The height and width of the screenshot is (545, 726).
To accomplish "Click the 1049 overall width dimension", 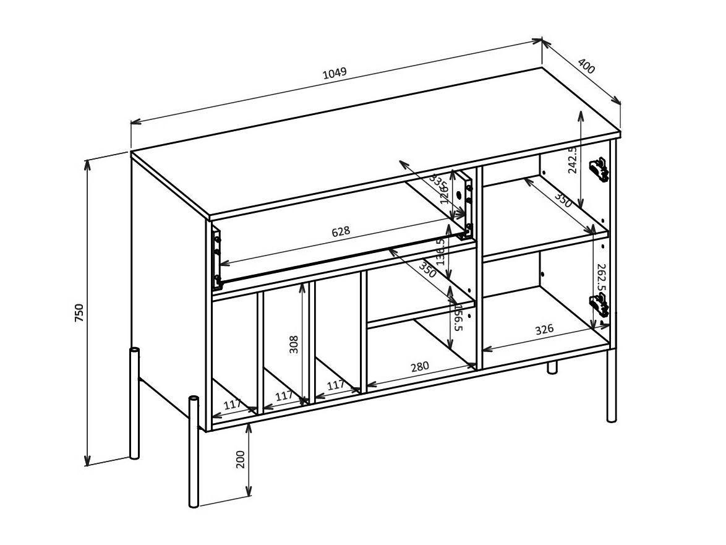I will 335,73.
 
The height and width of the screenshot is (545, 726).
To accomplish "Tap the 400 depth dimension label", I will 586,66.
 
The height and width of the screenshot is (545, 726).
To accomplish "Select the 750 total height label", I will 79,313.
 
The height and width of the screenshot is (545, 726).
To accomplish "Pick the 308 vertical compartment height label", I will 294,344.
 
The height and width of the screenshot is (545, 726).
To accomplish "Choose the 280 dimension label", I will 419,366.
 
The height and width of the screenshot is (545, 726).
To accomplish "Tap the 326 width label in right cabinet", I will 544,329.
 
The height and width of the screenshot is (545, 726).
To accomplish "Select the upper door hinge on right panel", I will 599,168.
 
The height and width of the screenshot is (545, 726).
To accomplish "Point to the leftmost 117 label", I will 233,405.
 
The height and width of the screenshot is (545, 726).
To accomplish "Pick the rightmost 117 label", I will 335,385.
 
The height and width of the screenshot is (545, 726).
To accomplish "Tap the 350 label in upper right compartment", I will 562,200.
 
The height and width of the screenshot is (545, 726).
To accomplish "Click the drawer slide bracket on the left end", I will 216,260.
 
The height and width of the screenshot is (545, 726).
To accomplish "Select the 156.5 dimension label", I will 458,317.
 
